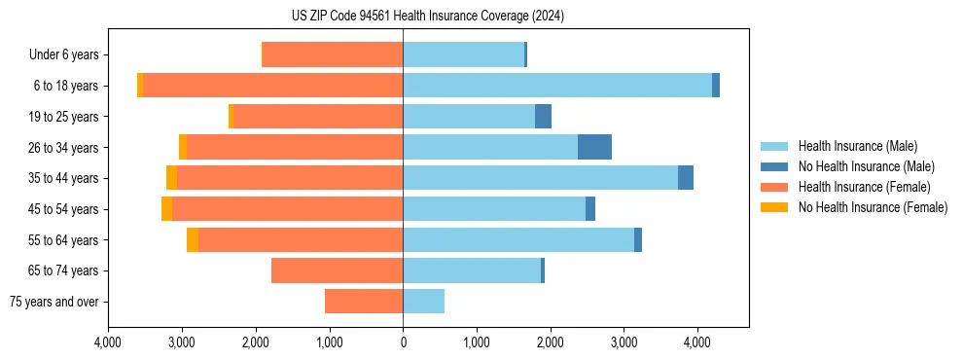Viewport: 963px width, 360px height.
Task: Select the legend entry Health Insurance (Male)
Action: [x=856, y=146]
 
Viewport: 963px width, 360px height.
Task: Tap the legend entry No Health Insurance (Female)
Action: [x=873, y=207]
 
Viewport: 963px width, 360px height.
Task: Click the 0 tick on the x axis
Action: [x=403, y=342]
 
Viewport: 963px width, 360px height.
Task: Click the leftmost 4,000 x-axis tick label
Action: [x=108, y=342]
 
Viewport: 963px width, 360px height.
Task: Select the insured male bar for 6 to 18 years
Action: [x=557, y=86]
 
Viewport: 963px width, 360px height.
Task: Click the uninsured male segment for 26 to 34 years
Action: [x=594, y=147]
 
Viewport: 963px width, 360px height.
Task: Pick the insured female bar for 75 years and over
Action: [x=364, y=302]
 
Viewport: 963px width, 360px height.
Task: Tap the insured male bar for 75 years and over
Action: [x=423, y=302]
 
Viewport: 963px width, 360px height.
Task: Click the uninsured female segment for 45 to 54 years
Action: [x=166, y=209]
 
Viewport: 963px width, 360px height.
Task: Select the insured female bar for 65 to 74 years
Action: [x=337, y=270]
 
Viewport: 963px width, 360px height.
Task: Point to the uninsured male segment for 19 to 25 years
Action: [x=543, y=117]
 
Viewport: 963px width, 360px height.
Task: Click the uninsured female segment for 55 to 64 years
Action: [x=193, y=240]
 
